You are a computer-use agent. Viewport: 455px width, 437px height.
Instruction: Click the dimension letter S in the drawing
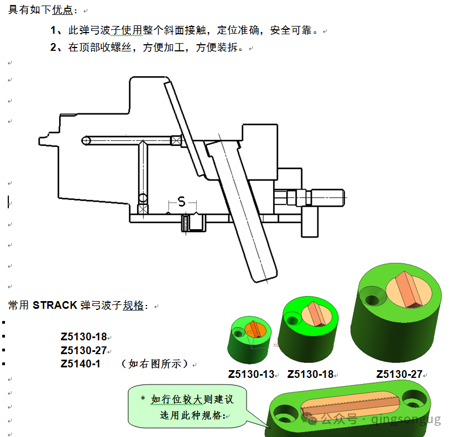click(181, 201)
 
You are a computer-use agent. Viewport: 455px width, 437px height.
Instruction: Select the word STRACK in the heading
click(55, 306)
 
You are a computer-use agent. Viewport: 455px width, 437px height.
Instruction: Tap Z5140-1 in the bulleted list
click(80, 364)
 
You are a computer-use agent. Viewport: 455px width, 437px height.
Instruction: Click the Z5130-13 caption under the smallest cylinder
click(251, 374)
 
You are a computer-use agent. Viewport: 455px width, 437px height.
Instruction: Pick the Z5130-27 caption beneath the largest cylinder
click(399, 374)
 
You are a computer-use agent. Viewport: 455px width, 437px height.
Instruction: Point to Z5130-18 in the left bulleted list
click(84, 336)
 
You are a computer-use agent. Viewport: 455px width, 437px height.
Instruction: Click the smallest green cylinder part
click(249, 340)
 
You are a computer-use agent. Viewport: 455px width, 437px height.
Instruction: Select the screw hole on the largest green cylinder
click(373, 299)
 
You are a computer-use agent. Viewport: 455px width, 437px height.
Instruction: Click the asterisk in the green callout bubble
click(143, 398)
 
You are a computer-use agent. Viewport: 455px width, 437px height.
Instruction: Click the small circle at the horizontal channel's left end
click(86, 141)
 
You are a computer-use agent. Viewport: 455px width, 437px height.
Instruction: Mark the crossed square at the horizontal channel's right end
click(176, 141)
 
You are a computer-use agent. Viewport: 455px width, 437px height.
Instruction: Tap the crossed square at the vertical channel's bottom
click(143, 209)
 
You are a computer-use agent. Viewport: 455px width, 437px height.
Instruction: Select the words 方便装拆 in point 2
click(217, 48)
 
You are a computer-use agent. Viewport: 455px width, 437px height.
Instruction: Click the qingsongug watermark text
click(406, 419)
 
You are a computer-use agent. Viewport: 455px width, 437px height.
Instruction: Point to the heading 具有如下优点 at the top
click(40, 10)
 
